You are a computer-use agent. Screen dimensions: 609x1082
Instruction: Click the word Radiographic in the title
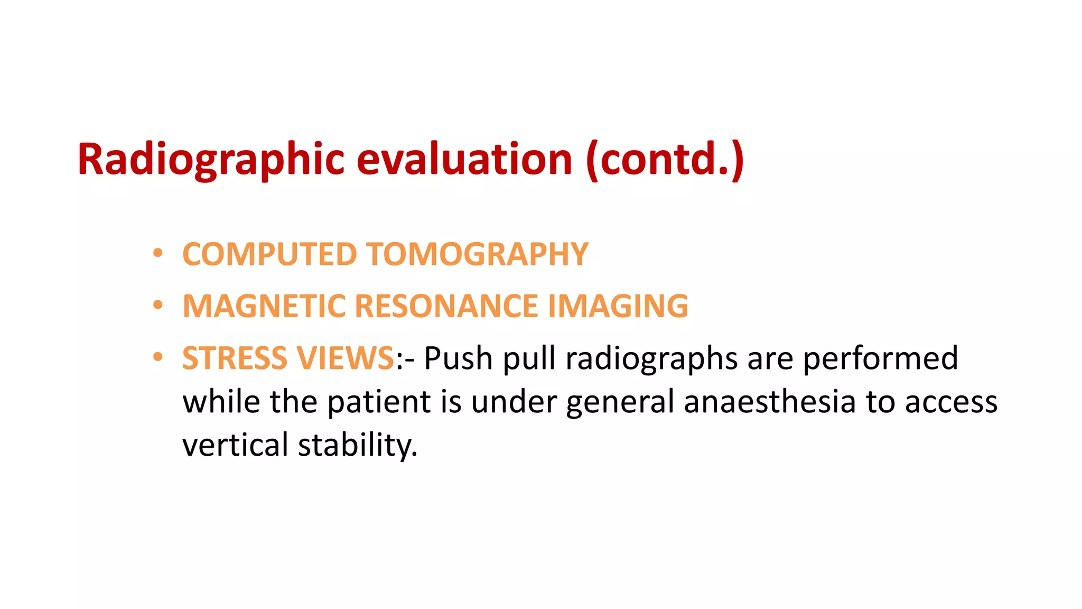(211, 159)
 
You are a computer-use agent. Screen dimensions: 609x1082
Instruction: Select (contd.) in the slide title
(665, 159)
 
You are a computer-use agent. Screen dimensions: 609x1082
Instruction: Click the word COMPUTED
(269, 254)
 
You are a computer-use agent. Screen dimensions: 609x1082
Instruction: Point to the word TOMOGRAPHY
(477, 254)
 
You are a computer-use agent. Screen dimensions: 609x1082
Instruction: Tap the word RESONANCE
(446, 306)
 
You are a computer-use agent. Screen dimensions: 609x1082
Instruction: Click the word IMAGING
(618, 306)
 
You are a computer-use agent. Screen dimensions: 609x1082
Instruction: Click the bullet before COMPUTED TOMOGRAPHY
(157, 253)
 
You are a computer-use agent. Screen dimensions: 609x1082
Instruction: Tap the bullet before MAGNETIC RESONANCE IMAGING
(157, 305)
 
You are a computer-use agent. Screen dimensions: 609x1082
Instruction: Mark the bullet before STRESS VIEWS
(157, 357)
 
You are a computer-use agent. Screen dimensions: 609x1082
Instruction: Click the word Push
(458, 358)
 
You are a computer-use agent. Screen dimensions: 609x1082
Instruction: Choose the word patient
(379, 402)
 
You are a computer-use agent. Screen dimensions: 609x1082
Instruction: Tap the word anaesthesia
(769, 402)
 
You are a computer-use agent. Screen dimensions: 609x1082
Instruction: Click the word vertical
(235, 445)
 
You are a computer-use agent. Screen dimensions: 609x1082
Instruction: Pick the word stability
(358, 446)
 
